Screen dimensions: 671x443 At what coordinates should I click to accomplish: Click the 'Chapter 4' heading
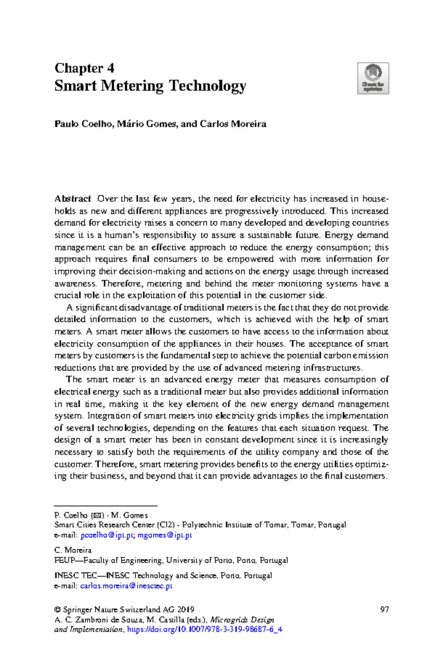pos(85,68)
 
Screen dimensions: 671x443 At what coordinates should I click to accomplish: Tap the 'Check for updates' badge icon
pos(373,78)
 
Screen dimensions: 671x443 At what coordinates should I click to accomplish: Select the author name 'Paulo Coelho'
pos(83,124)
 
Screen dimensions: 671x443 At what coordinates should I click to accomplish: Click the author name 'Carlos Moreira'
pos(233,124)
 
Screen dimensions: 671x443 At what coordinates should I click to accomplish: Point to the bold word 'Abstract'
pos(73,199)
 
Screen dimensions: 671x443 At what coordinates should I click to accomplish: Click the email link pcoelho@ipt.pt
pos(107,535)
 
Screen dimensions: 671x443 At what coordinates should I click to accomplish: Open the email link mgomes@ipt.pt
pos(165,535)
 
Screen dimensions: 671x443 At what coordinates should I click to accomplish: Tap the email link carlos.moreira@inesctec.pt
pos(126,586)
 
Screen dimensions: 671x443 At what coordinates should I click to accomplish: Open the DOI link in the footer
pos(205,629)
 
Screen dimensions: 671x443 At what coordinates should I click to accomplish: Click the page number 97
pos(384,609)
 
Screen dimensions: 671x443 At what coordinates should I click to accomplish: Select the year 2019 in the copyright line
pos(186,609)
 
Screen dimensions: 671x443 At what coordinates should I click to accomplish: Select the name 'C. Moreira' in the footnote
pos(73,550)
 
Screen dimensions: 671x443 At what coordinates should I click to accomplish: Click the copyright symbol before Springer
pos(57,610)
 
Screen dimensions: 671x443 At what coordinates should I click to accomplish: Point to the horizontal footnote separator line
pos(106,505)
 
